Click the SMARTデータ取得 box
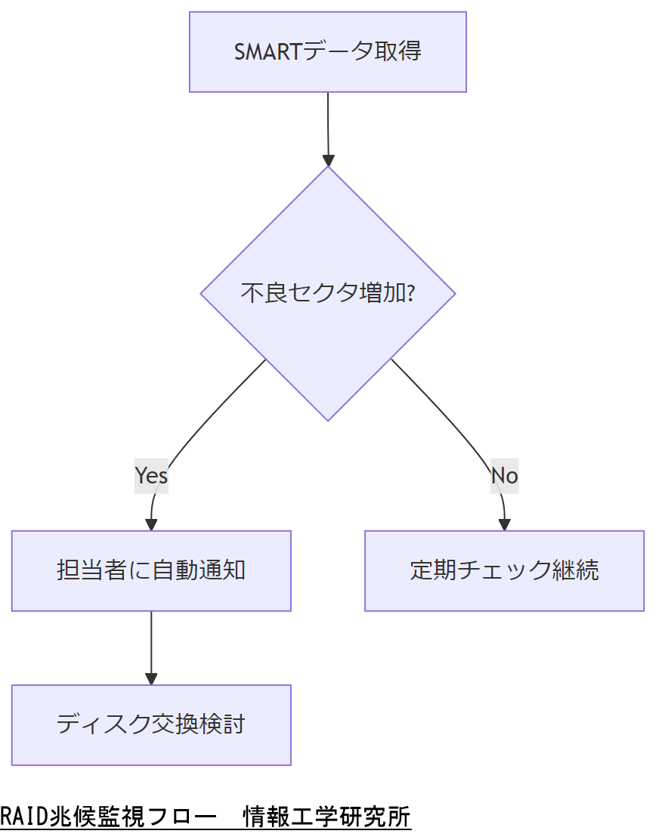pyautogui.click(x=327, y=52)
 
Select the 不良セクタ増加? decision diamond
pyautogui.click(x=327, y=293)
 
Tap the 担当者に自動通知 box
pyautogui.click(x=151, y=570)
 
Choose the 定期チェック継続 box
pyautogui.click(x=504, y=570)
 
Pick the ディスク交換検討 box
pyautogui.click(x=151, y=724)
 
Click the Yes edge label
pyautogui.click(x=151, y=475)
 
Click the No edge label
pyautogui.click(x=504, y=475)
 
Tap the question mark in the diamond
pyautogui.click(x=410, y=293)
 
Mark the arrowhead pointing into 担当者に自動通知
pyautogui.click(x=151, y=524)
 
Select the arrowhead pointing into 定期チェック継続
pyautogui.click(x=504, y=524)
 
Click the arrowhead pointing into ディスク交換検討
pyautogui.click(x=151, y=678)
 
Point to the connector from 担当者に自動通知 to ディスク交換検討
pyautogui.click(x=151, y=642)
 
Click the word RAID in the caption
pyautogui.click(x=23, y=817)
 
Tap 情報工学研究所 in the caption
pyautogui.click(x=326, y=817)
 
